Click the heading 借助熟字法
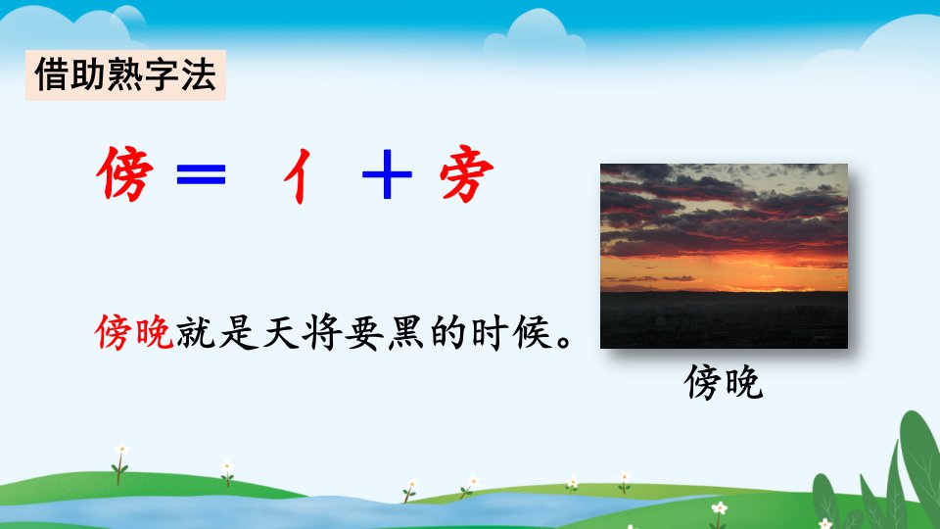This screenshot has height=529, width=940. click(125, 75)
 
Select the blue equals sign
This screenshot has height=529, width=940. click(202, 173)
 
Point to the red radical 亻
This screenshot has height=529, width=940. click(298, 175)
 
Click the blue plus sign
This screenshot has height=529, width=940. click(388, 174)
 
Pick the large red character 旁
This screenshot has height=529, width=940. click(466, 173)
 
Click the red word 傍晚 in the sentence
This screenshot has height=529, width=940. click(134, 332)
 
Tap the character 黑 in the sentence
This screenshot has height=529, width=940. click(405, 332)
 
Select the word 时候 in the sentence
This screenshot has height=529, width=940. click(511, 332)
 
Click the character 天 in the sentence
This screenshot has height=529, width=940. click(281, 332)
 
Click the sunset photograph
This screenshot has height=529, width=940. click(725, 256)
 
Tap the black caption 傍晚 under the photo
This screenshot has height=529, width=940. click(724, 382)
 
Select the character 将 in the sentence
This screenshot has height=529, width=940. click(322, 332)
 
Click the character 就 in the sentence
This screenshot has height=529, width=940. click(196, 332)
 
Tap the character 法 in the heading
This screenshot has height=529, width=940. click(199, 75)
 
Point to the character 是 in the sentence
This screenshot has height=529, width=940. click(238, 332)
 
